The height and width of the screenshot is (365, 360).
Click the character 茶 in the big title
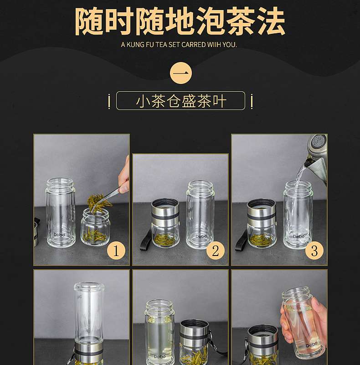(241, 21)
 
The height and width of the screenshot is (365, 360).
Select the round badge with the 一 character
(181, 73)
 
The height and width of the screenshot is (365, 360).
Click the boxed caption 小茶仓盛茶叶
(181, 101)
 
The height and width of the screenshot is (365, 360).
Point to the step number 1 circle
(116, 250)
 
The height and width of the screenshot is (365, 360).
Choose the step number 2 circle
(216, 250)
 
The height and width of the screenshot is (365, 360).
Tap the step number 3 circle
(314, 250)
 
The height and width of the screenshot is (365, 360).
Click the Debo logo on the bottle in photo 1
(60, 235)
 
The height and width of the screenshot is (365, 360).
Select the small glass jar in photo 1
(96, 227)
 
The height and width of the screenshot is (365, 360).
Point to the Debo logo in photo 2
(201, 236)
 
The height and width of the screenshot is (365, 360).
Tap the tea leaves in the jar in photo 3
(261, 239)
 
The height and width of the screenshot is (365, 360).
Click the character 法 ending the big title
(271, 21)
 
